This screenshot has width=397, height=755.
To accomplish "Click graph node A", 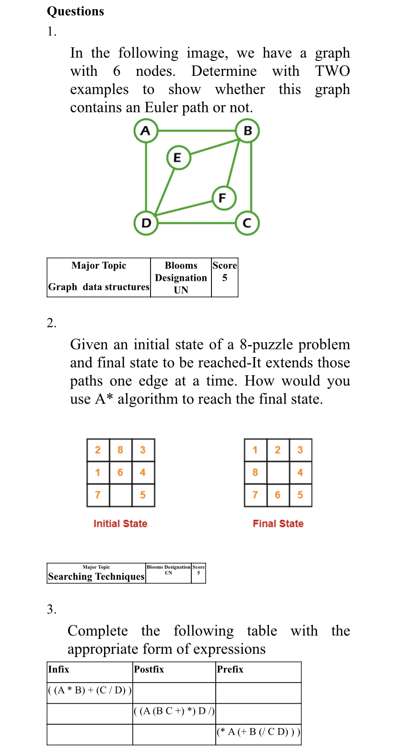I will pyautogui.click(x=146, y=131).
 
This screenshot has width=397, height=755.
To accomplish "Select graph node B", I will pyautogui.click(x=247, y=131).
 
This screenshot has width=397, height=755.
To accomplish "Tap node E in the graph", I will pyautogui.click(x=178, y=157).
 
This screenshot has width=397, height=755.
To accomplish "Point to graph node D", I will pyautogui.click(x=146, y=223).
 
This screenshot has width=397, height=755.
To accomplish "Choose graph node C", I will pyautogui.click(x=247, y=223).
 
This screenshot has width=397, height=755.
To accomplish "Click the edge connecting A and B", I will pyautogui.click(x=197, y=131).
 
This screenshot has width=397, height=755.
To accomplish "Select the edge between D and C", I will pyautogui.click(x=197, y=223).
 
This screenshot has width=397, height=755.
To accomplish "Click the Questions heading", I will pyautogui.click(x=75, y=11).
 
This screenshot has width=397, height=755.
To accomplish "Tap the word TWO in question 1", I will pyautogui.click(x=332, y=71).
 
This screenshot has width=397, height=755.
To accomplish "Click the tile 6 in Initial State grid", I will pyautogui.click(x=120, y=472).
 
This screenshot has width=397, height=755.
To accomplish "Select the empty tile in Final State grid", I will pyautogui.click(x=278, y=472).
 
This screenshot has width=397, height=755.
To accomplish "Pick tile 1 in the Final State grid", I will pyautogui.click(x=255, y=450).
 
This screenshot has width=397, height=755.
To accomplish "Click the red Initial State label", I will pyautogui.click(x=120, y=524).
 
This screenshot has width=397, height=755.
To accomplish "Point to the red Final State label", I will pyautogui.click(x=278, y=524).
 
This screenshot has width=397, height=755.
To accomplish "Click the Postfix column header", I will pyautogui.click(x=149, y=669).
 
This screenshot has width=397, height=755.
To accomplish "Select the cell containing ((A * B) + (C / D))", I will pyautogui.click(x=90, y=691).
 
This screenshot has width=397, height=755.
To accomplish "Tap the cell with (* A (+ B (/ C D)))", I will pyautogui.click(x=258, y=732).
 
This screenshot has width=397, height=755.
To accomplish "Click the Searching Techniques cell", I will pyautogui.click(x=96, y=576).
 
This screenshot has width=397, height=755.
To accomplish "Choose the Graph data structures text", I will pyautogui.click(x=99, y=287).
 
